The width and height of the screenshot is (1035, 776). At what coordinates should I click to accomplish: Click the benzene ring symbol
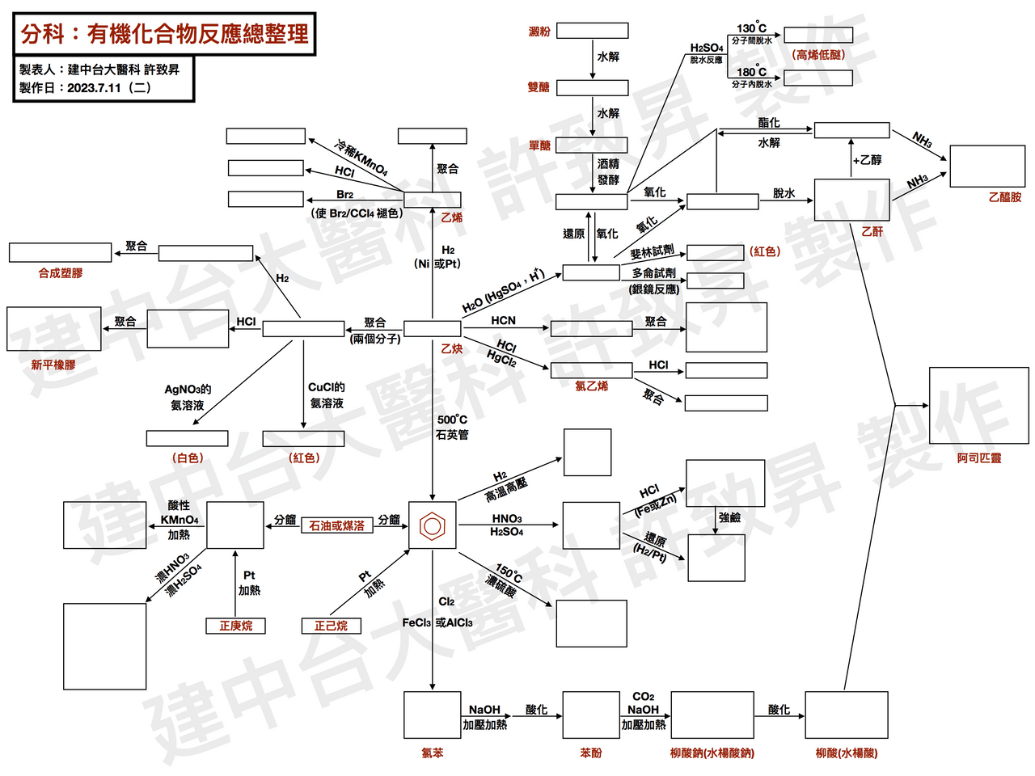point(432,525)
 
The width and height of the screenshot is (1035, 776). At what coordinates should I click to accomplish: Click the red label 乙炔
point(451,348)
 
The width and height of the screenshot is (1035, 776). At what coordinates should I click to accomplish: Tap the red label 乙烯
point(451,217)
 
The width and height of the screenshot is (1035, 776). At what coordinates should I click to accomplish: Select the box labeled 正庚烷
point(235,626)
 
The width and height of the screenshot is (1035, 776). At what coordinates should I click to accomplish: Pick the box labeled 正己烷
point(331,626)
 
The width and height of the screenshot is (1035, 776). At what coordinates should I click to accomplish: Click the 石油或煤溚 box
point(336,525)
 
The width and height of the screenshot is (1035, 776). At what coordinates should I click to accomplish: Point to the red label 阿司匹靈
point(978,458)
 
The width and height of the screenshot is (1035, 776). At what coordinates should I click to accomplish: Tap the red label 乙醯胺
point(1005,197)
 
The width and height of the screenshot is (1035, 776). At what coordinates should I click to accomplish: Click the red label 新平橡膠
point(53,365)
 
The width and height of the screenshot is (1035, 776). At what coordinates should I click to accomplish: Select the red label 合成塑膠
point(61,272)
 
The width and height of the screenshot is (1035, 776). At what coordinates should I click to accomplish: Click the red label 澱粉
point(539,32)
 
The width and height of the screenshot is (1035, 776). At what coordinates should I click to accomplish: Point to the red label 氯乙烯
point(591,386)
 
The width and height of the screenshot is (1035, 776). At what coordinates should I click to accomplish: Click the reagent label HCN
point(503,320)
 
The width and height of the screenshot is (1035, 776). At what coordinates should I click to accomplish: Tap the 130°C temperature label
point(751,27)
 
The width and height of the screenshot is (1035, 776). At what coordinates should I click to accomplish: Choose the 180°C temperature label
point(751,72)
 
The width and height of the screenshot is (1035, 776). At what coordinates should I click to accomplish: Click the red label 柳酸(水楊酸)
point(847,753)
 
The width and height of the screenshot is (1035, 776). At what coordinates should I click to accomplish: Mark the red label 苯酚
point(591,753)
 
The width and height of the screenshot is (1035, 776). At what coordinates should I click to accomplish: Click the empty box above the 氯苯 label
point(432,715)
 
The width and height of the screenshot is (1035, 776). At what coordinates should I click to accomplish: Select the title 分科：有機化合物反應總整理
point(165,34)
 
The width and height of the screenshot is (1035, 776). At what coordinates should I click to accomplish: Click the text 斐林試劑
point(652,251)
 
